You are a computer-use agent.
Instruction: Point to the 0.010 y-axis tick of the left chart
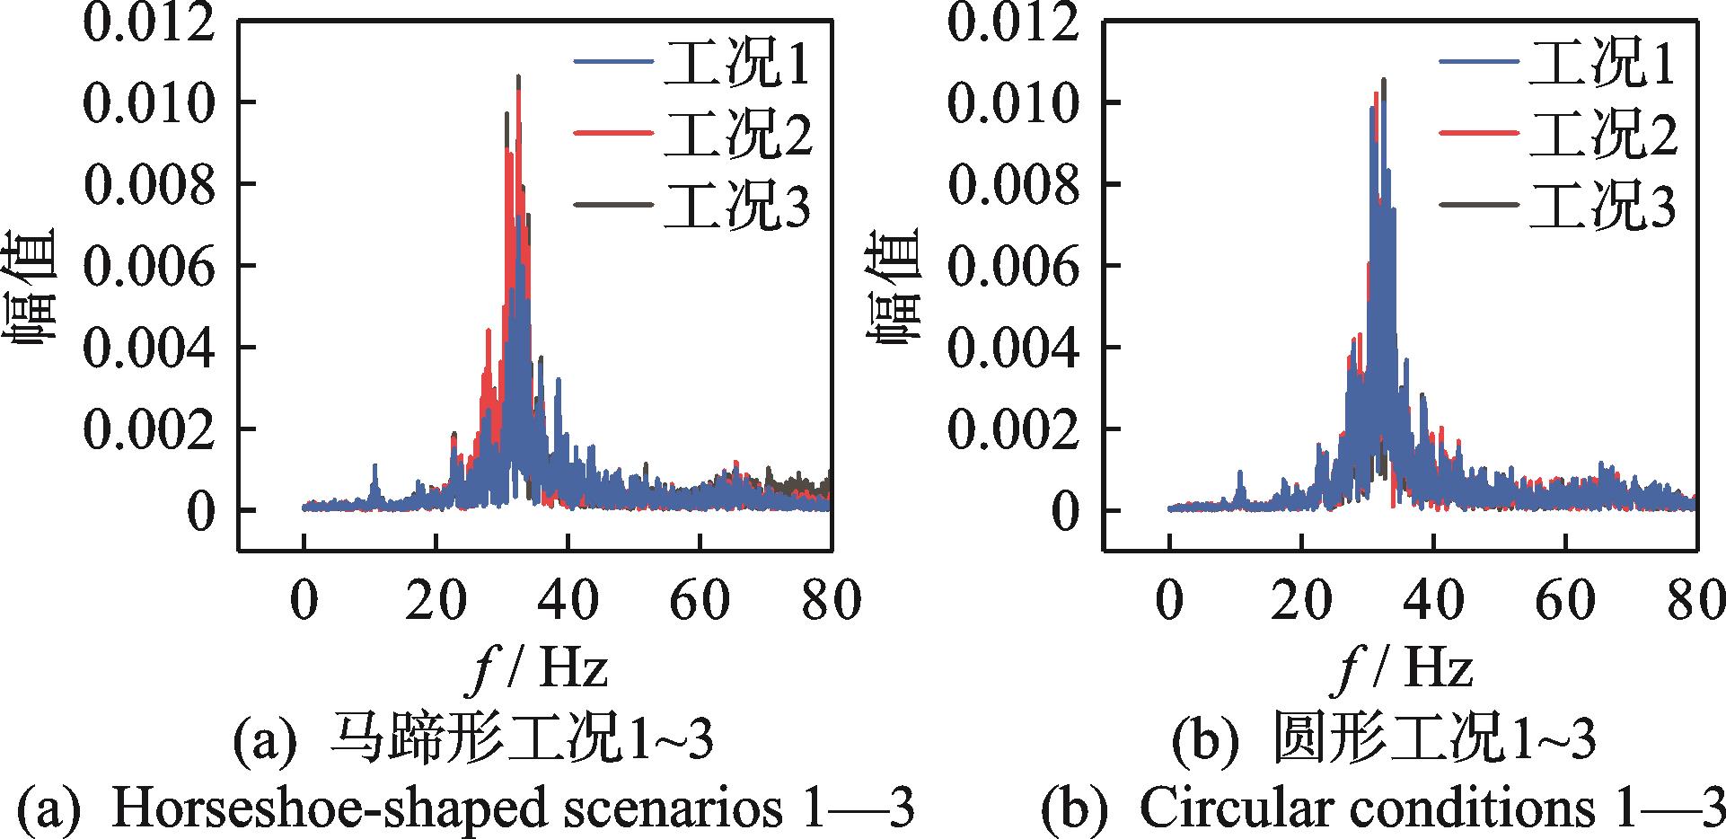tap(149, 102)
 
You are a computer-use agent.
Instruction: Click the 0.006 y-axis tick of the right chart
tap(1015, 267)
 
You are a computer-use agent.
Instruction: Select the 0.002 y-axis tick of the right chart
tap(1015, 429)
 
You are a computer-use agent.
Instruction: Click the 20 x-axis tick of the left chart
tap(436, 601)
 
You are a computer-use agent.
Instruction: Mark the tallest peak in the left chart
tap(518, 77)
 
